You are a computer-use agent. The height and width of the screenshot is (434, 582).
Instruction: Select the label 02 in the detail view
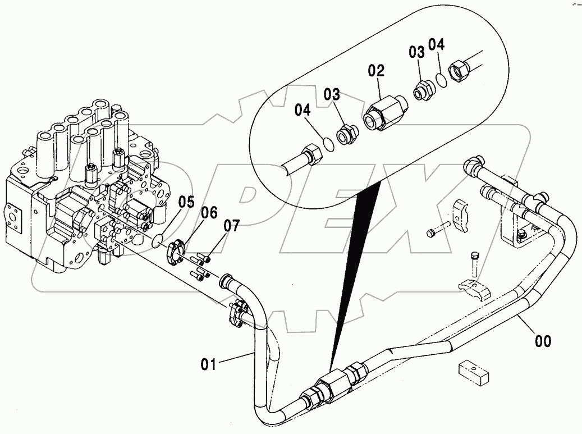(376, 71)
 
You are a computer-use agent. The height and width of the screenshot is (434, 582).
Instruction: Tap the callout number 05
(186, 202)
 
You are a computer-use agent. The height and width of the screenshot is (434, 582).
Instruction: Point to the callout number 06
(209, 213)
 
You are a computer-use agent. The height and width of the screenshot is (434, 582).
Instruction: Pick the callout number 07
(231, 226)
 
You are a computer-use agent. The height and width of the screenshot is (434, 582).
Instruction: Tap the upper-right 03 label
(416, 53)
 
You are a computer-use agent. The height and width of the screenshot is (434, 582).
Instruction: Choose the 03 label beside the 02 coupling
(331, 94)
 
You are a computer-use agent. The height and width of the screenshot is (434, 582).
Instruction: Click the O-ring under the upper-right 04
(442, 80)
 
